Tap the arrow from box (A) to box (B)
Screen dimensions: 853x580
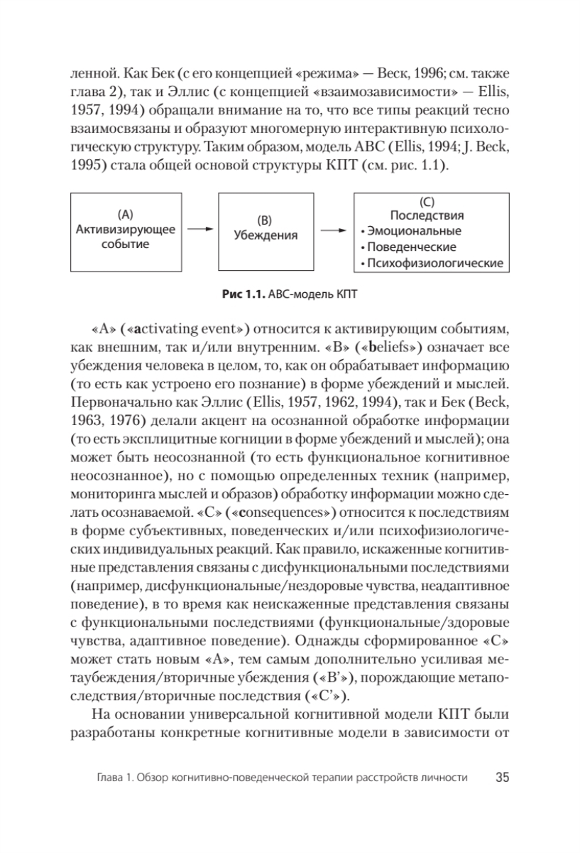pyautogui.click(x=203, y=230)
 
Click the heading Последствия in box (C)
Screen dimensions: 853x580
pyautogui.click(x=428, y=215)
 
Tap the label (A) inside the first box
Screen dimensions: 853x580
pyautogui.click(x=124, y=213)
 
